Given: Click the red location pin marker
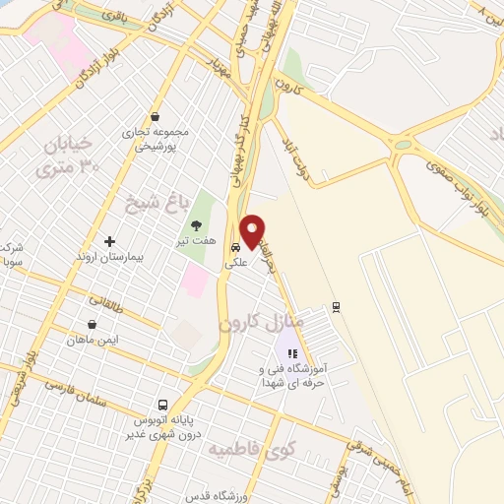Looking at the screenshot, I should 253,230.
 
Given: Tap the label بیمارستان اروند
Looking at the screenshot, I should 110,256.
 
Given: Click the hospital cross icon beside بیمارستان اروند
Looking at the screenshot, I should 109,241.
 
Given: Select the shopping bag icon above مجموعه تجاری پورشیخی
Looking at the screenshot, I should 155,116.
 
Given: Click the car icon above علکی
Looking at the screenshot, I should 235,248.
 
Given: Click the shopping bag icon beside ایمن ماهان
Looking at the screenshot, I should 92,324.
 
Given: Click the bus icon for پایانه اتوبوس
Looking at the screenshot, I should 164,405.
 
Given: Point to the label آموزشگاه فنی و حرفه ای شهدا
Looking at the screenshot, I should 294,374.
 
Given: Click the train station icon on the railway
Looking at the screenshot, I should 338,305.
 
